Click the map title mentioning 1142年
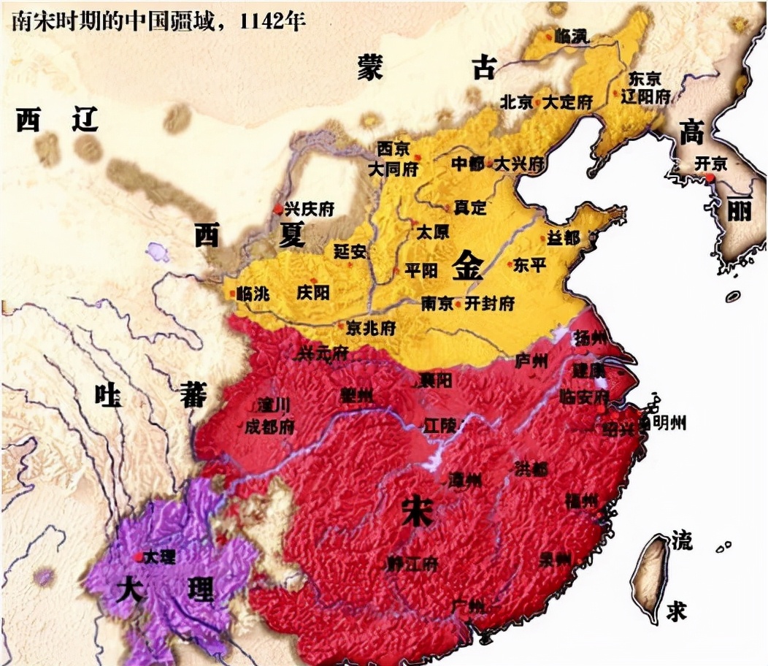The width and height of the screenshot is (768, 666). point(156,20)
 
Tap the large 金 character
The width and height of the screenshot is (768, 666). point(467,266)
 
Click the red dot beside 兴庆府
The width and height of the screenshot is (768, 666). point(278,209)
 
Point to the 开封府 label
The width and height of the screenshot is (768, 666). point(491,303)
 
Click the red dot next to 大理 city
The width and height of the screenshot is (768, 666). point(138,556)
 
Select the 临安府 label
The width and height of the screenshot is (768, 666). point(583,398)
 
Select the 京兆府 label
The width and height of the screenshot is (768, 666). point(371,328)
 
